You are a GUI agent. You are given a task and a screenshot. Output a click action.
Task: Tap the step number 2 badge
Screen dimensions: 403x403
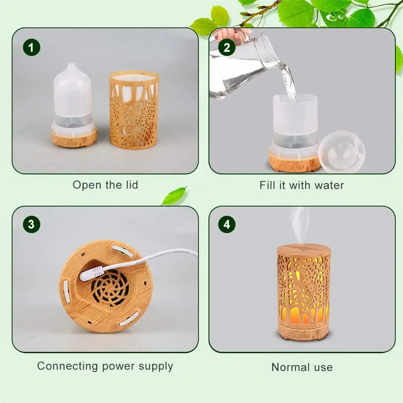tap(227, 48)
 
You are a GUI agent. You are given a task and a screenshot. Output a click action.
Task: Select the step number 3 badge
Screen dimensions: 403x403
tap(31, 225)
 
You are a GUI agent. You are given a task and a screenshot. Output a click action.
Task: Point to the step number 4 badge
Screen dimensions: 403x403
tap(227, 225)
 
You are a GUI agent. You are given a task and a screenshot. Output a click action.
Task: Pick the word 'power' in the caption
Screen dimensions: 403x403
tap(118, 366)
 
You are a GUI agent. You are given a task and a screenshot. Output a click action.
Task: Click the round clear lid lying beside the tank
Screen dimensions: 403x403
tap(342, 152)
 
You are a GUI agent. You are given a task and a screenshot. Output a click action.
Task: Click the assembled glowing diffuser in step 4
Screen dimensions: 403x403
tap(303, 291)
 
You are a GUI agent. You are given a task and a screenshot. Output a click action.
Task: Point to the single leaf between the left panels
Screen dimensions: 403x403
tap(174, 196)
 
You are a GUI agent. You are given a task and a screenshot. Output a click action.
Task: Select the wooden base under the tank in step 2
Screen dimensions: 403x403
tap(294, 163)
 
